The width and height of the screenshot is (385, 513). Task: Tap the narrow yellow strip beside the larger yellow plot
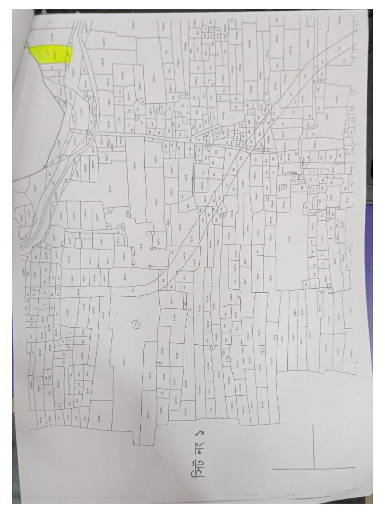tap(69, 54)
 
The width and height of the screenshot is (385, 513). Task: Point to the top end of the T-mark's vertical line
tap(314, 425)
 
